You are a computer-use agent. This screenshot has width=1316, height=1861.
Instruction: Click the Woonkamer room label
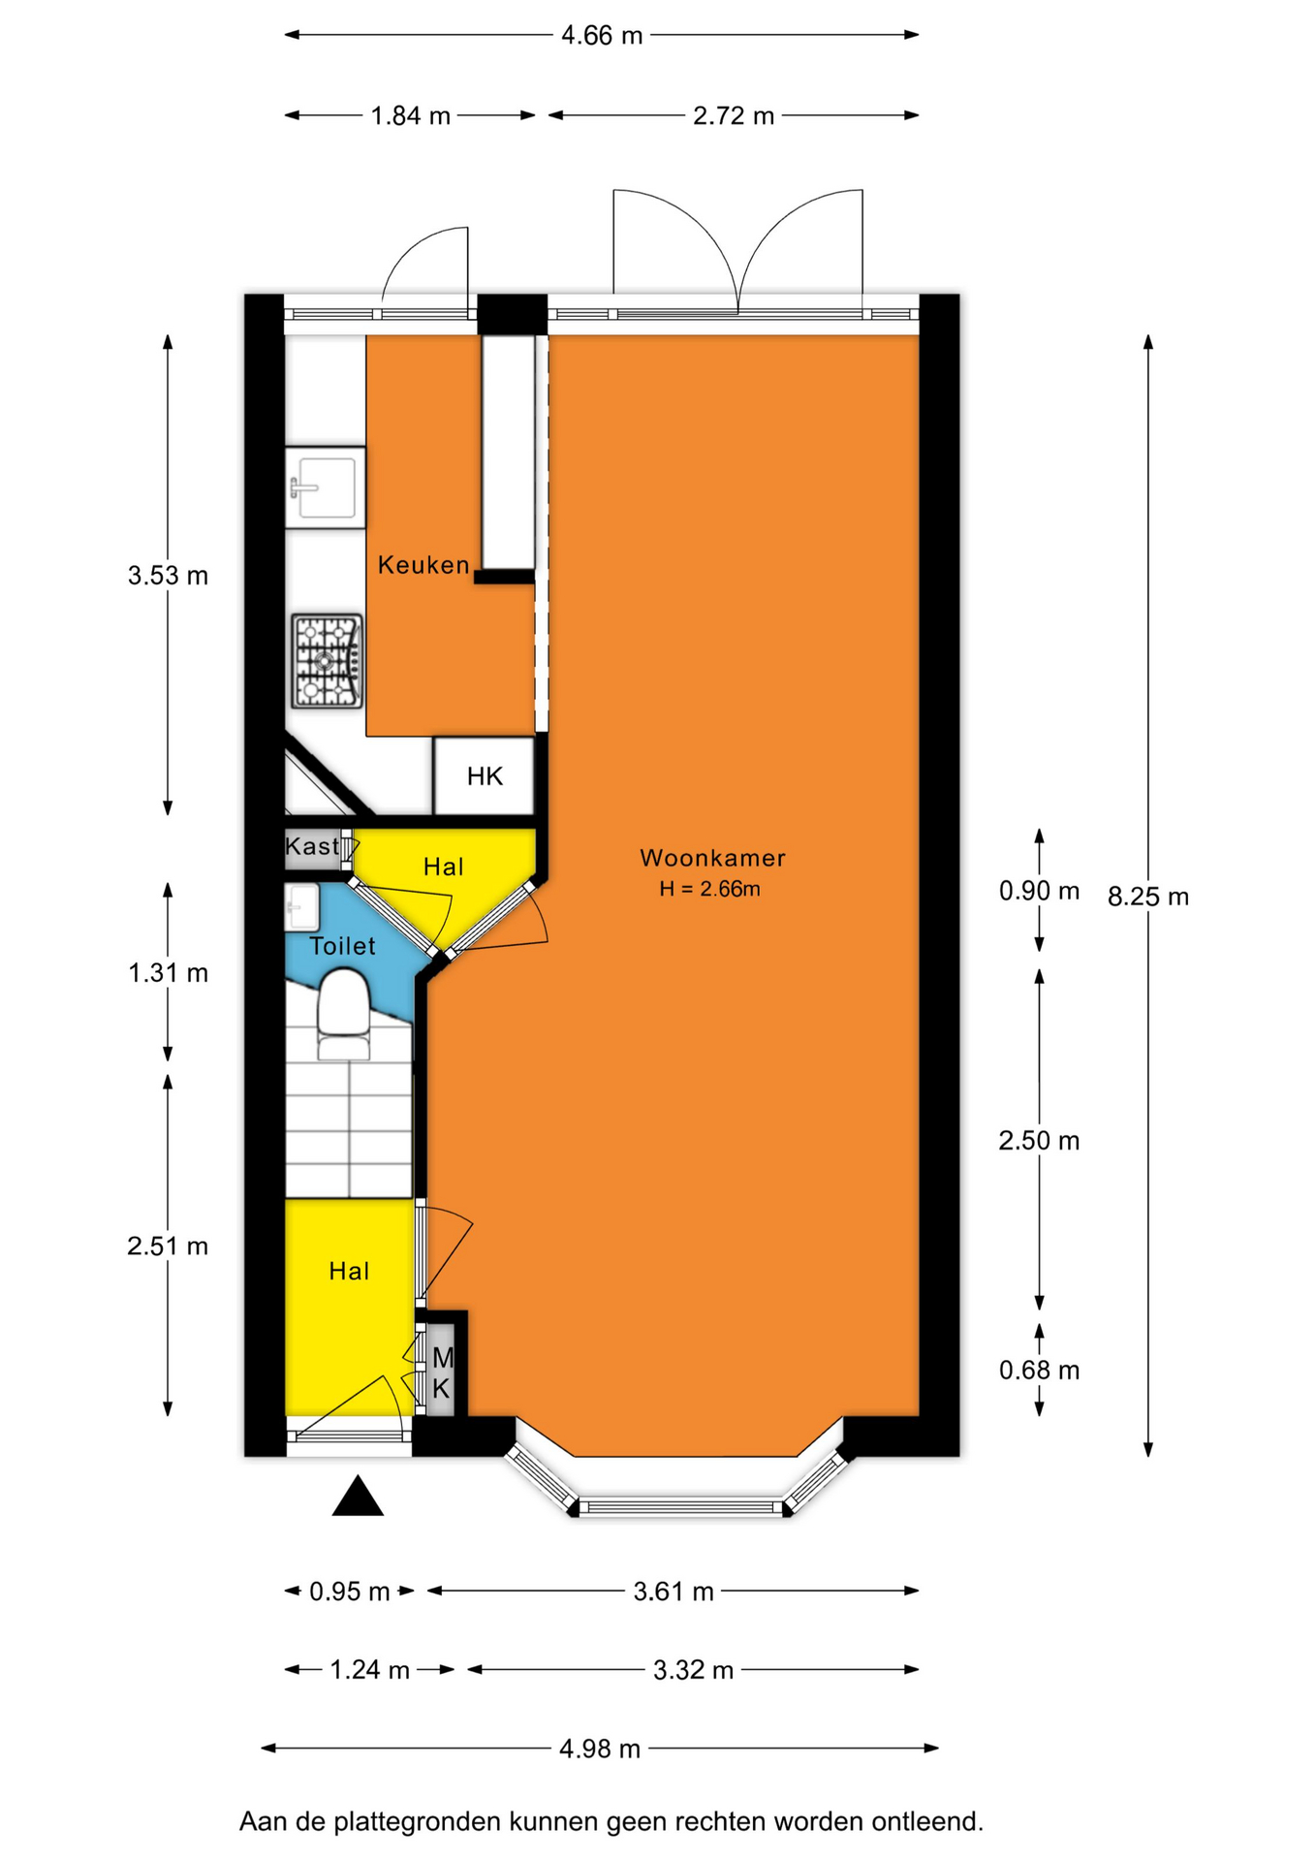tap(712, 858)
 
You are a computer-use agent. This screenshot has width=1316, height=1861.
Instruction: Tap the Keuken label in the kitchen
tap(423, 564)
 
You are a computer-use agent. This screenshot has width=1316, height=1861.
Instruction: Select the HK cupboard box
tap(484, 775)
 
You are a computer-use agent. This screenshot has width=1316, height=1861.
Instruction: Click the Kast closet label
tap(312, 846)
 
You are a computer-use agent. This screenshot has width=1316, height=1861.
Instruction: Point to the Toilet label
tap(342, 946)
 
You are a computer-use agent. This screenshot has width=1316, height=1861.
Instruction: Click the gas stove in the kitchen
tap(328, 661)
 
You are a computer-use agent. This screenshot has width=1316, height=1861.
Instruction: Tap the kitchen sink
tap(326, 487)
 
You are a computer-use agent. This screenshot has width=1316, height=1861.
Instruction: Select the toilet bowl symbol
tap(344, 1016)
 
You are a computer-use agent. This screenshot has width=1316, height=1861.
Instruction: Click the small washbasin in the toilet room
tap(301, 907)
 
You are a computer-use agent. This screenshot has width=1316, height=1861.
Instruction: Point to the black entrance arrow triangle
tap(358, 1496)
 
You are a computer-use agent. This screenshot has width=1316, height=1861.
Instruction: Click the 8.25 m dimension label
tap(1148, 897)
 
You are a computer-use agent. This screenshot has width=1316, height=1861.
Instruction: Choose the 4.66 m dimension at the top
tap(602, 36)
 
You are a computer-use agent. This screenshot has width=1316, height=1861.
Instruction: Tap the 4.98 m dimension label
tap(600, 1749)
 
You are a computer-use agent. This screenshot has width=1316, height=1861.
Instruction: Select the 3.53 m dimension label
tap(168, 576)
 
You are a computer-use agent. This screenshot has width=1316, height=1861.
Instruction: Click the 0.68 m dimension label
tap(1039, 1370)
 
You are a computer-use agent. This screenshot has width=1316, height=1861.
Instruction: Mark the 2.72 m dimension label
tap(734, 116)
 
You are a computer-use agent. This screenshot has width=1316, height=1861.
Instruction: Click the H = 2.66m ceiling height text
tap(709, 889)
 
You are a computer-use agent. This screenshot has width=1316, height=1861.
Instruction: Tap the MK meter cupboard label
tap(442, 1373)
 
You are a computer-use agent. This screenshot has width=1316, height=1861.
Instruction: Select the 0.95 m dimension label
tap(349, 1592)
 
